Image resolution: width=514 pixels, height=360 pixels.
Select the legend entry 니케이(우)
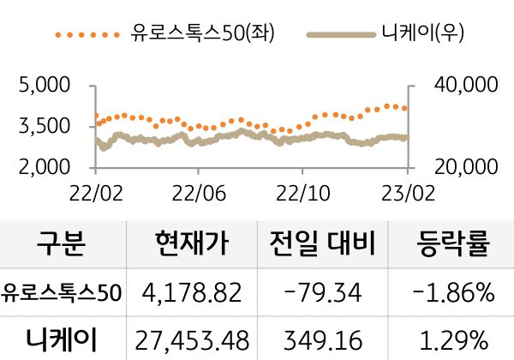point(421,35)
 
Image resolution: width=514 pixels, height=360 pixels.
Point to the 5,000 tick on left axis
point(45,86)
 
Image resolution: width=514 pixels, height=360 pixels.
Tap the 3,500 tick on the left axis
point(45,127)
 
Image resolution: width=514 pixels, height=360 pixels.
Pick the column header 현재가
point(193,244)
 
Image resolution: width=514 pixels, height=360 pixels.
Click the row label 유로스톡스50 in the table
point(62,293)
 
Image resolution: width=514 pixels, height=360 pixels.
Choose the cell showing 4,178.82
point(193,293)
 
